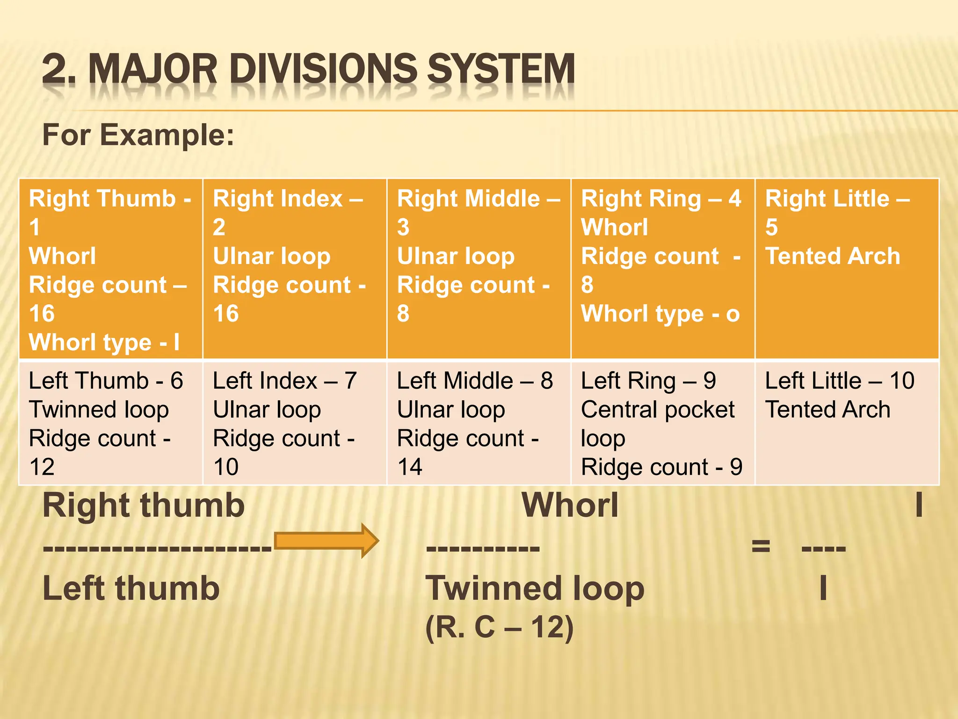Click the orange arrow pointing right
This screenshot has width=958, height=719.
point(326,541)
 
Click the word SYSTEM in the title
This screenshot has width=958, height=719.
point(501,69)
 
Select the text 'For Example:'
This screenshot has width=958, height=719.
point(138,135)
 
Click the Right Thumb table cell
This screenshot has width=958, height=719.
point(111,269)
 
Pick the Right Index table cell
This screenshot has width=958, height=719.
point(295,269)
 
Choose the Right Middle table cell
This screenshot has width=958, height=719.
point(479,269)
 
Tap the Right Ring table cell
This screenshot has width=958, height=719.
point(662,269)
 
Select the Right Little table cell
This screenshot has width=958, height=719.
point(847,269)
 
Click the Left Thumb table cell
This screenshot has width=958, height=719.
point(111,423)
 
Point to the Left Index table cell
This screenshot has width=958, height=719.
point(295,423)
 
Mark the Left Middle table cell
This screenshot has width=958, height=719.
point(479,423)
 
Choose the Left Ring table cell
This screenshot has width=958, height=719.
point(662,423)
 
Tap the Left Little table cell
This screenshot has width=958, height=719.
point(847,423)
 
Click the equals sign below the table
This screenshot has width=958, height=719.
point(761,546)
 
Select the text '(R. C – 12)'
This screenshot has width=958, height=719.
point(499,627)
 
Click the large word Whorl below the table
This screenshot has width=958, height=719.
point(570,506)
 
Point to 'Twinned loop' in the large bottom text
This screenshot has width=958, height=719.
point(535,589)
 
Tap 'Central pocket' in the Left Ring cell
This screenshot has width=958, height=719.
point(658,410)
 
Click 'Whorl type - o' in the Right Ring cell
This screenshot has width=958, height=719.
point(660,314)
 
